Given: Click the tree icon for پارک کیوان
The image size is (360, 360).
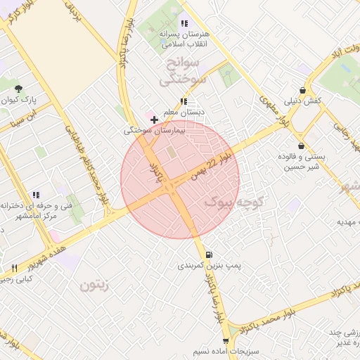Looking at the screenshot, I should [18, 89].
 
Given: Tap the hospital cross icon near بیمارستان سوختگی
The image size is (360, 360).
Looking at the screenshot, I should [155, 120].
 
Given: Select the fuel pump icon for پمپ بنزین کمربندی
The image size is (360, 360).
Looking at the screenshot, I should [209, 255].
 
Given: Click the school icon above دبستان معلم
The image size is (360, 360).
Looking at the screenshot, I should [184, 101].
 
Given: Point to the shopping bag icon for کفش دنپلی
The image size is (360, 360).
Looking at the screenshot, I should [302, 91].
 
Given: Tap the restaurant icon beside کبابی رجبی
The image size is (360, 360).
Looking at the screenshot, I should [15, 269].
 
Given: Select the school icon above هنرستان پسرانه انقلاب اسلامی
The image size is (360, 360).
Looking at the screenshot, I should [184, 23].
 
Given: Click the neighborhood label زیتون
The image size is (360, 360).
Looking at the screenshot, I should [96, 285].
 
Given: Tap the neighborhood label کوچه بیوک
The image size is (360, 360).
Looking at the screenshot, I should [233, 202].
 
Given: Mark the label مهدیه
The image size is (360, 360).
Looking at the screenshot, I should [349, 221].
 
